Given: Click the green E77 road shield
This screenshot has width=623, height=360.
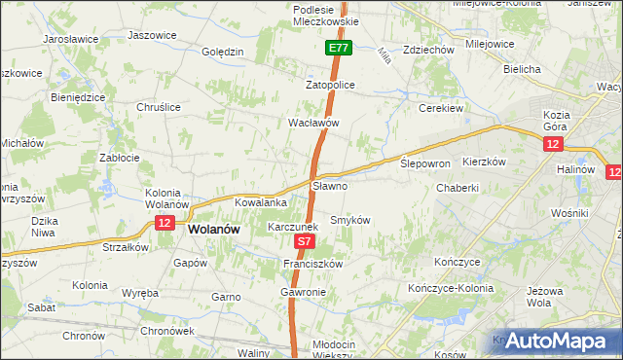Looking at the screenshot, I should (338, 48).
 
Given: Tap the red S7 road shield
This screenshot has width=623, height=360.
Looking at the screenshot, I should (305, 240).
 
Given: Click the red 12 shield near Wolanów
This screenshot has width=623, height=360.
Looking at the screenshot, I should (164, 224).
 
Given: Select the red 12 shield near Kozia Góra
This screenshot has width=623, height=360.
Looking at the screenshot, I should (553, 144).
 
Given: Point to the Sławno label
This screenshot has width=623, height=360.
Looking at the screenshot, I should (329, 185).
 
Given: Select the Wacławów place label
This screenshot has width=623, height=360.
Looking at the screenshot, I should (313, 124).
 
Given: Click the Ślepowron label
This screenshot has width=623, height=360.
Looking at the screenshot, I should (425, 164).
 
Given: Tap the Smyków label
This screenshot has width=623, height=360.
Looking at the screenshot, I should (350, 220).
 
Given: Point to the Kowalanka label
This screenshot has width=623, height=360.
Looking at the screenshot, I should (260, 202).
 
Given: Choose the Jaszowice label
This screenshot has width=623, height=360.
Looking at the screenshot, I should (152, 35).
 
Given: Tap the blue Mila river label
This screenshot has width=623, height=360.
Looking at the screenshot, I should (383, 56).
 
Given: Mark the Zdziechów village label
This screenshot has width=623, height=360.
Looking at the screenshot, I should (428, 50).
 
